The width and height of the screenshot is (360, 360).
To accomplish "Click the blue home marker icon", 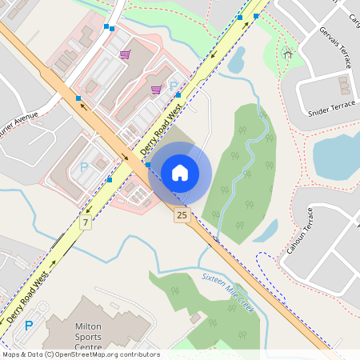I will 180,171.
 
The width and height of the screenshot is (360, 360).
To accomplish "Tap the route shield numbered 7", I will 86,222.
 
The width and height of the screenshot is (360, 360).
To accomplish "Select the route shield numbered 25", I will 182,215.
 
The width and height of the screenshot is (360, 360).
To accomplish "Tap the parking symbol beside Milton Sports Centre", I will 30,326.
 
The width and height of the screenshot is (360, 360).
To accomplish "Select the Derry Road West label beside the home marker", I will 161,128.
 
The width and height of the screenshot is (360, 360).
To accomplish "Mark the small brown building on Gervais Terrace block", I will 345,84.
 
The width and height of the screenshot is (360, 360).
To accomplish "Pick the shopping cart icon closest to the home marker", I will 156,90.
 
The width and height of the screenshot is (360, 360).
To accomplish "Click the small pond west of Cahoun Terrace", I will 266,230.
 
